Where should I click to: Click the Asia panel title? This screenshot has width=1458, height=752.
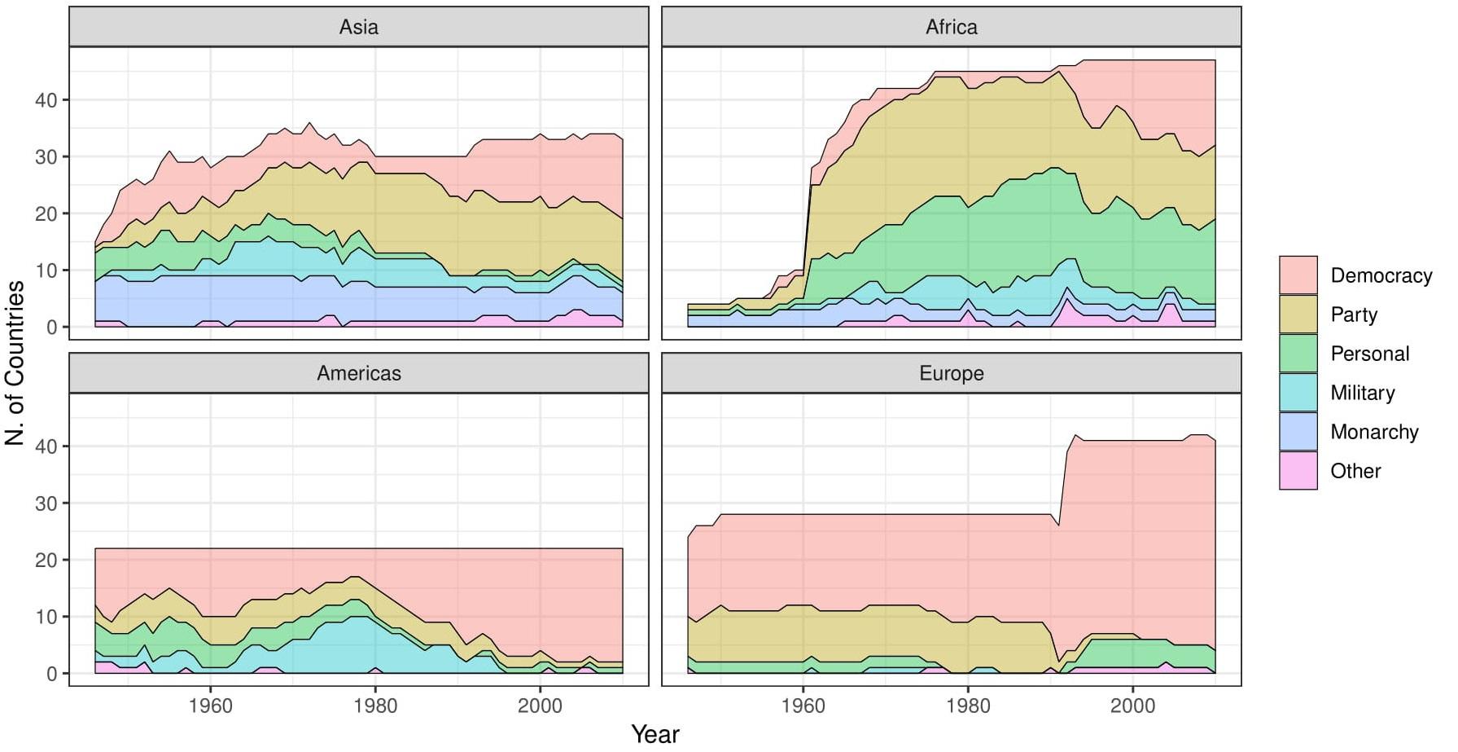coord(358,27)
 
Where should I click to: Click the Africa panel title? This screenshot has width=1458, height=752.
coord(951,27)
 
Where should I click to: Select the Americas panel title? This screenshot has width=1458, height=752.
coord(358,373)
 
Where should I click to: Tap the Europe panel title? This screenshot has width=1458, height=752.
coord(951,373)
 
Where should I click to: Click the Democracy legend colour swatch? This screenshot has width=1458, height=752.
coord(1298,275)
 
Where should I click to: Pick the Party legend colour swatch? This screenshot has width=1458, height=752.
coord(1298,314)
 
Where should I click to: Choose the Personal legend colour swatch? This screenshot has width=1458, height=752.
coord(1298,354)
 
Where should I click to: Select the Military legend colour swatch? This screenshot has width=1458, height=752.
coord(1298,393)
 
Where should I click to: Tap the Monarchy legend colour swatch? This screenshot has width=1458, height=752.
coord(1298,432)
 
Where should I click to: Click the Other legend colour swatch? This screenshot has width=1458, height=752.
coord(1298,471)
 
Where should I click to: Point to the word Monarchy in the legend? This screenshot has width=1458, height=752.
coord(1374,432)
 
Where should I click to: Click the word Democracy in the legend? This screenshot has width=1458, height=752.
coord(1381,275)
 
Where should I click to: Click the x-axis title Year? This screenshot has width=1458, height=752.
coord(655,734)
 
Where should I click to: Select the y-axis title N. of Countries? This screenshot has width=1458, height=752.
coord(15,363)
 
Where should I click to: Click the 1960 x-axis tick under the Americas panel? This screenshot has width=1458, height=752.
coord(210,705)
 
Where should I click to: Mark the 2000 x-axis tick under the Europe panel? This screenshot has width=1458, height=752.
coord(1132,705)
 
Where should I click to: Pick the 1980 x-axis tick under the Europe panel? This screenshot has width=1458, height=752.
coord(968,705)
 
